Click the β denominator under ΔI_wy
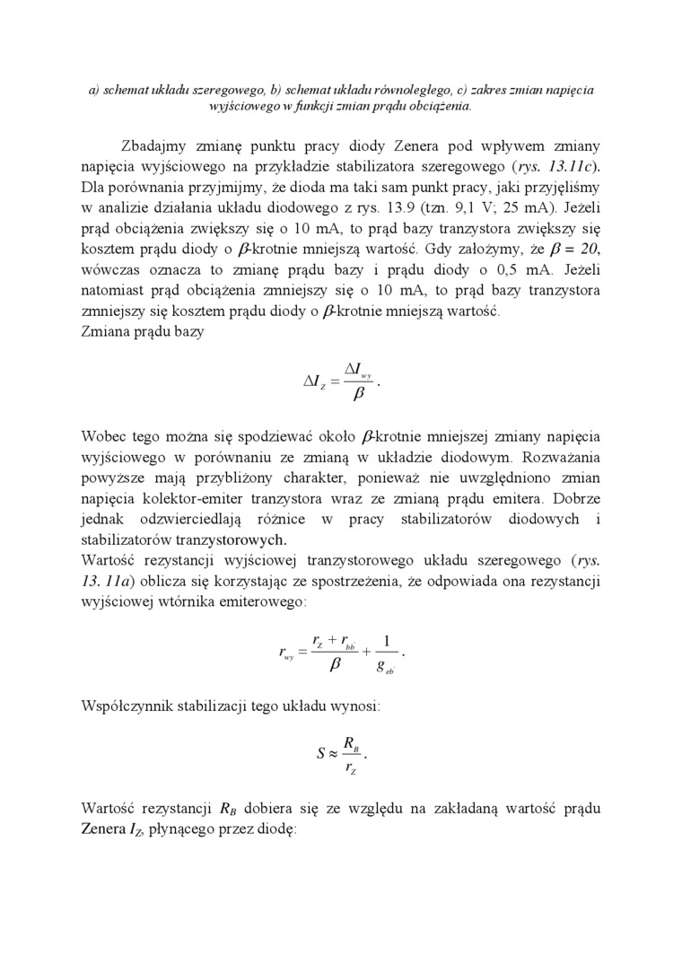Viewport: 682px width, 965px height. pos(358,394)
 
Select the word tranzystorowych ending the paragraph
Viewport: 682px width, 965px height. pos(232,540)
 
